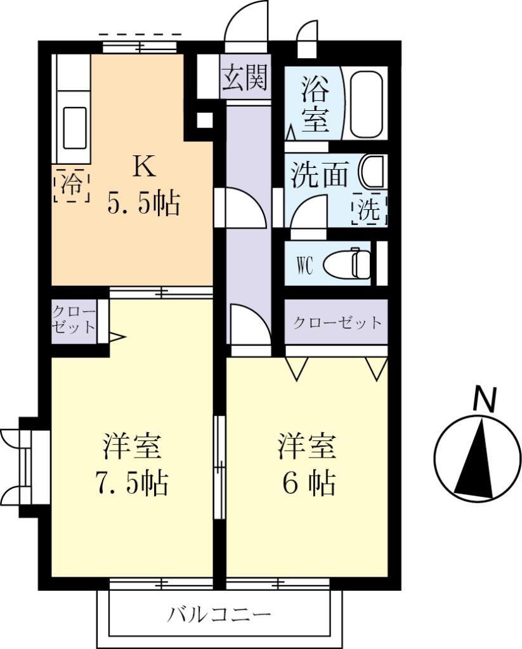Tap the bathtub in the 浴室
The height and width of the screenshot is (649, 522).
[366, 105]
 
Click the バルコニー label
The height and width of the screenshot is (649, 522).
[219, 614]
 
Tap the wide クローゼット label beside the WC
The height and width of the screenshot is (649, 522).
[337, 323]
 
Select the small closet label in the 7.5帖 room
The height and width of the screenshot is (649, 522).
[74, 319]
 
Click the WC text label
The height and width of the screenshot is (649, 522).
[304, 266]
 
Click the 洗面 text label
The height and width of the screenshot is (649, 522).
[319, 176]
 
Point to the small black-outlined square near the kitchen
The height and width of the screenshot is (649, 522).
[204, 120]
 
